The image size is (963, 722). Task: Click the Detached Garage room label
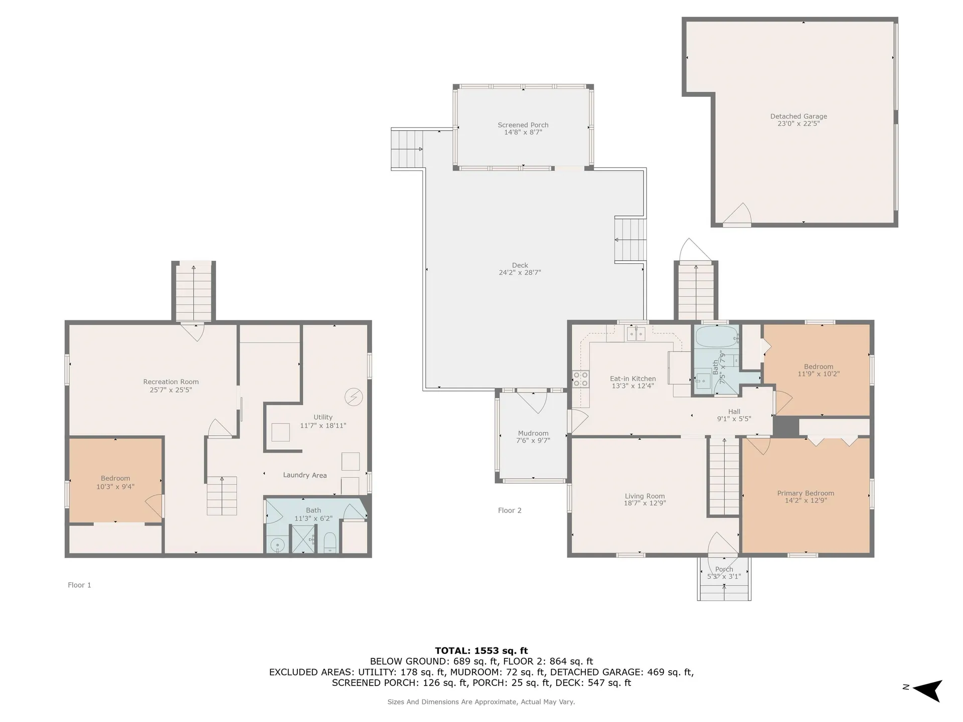tap(798, 116)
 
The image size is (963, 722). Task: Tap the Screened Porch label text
tap(523, 125)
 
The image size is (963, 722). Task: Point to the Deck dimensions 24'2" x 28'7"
tap(520, 273)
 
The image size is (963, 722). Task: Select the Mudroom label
tap(533, 433)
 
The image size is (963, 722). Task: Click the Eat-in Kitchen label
tap(633, 379)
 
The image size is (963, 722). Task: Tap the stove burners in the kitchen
tap(581, 379)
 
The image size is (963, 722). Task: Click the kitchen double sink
tap(636, 334)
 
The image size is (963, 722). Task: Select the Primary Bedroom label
tap(806, 493)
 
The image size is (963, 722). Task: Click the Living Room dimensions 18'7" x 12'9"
tap(645, 503)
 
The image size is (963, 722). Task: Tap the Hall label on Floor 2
tap(734, 412)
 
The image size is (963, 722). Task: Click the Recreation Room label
tap(171, 382)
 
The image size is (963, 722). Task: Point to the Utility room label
tap(323, 417)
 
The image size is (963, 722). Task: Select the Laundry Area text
tap(305, 475)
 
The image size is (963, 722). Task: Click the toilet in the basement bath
tap(330, 543)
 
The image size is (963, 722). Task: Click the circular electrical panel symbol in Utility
tap(354, 397)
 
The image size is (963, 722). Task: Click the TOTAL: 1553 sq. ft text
tap(481, 651)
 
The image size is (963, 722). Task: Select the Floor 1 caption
tap(79, 585)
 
